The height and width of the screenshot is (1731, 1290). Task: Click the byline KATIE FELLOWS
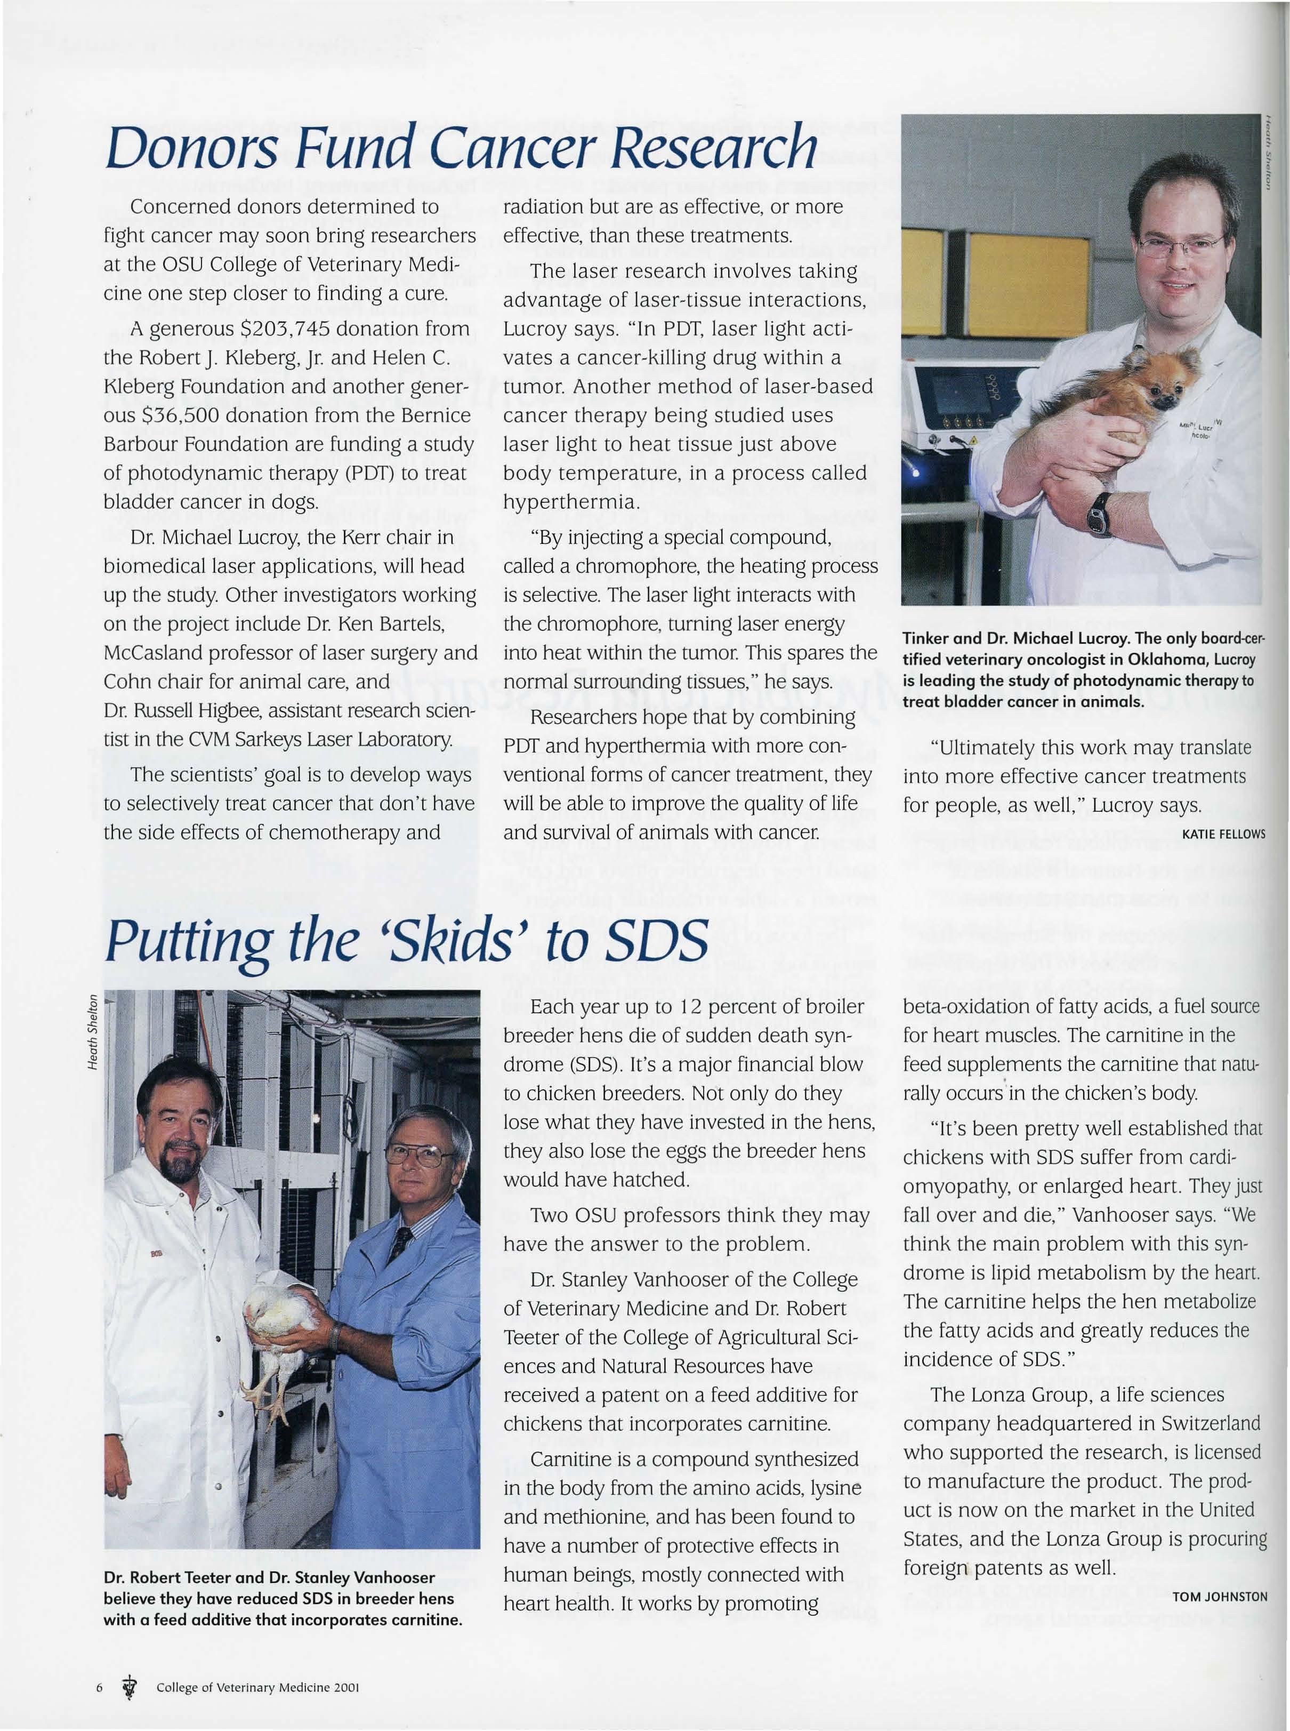1223,834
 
